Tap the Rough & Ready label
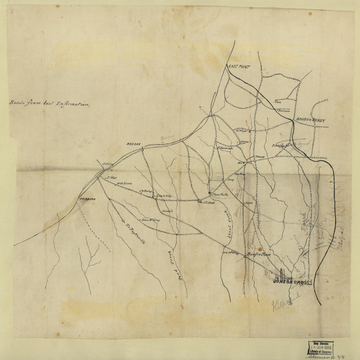[x=311, y=121]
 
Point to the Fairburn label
[x=87, y=199]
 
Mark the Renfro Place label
[x=259, y=254]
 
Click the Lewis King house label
[x=164, y=196]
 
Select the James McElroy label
[x=151, y=220]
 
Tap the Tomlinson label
[x=284, y=111]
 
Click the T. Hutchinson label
[x=225, y=148]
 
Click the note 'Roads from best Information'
[x=49, y=104]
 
